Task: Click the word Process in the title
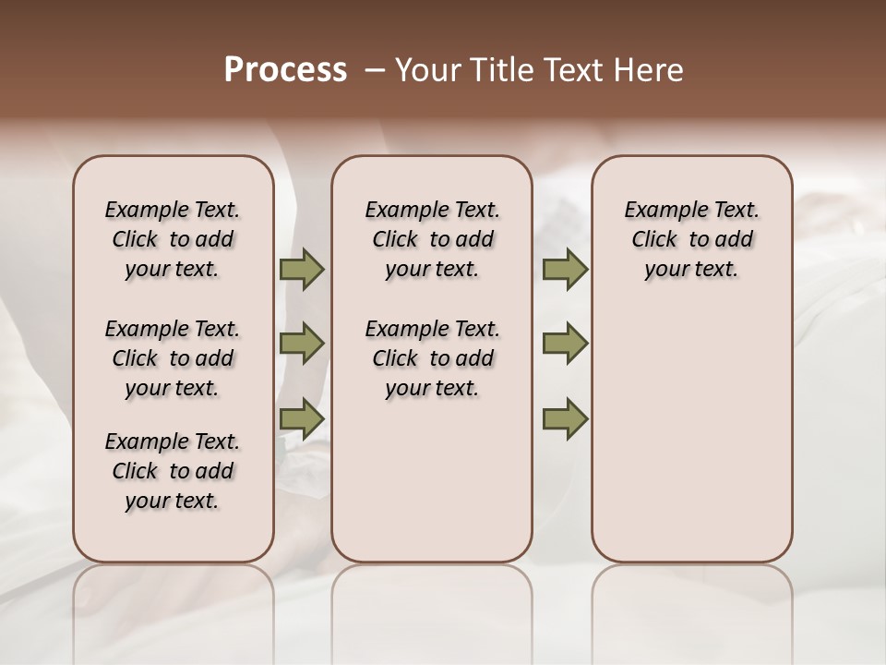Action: [285, 69]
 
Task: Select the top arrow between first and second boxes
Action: [301, 270]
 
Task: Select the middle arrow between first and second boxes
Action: [301, 344]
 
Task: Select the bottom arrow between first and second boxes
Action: [301, 418]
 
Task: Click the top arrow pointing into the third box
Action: [565, 270]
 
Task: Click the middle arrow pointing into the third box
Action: [565, 344]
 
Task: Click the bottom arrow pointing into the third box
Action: [565, 418]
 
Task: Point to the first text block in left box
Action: [173, 239]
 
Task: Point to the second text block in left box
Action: [173, 358]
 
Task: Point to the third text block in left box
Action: [173, 471]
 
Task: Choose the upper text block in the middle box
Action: [432, 239]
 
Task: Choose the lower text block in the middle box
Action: [432, 358]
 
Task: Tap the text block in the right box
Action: [691, 239]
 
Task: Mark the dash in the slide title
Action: [375, 69]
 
